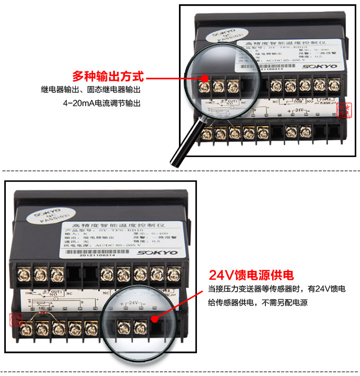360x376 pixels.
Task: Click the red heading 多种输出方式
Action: [107, 76]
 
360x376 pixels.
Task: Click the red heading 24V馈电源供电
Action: [250, 275]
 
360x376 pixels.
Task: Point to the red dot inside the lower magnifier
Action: [153, 318]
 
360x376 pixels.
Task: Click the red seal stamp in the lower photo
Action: [16, 319]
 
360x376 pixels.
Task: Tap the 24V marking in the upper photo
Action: [300, 111]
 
